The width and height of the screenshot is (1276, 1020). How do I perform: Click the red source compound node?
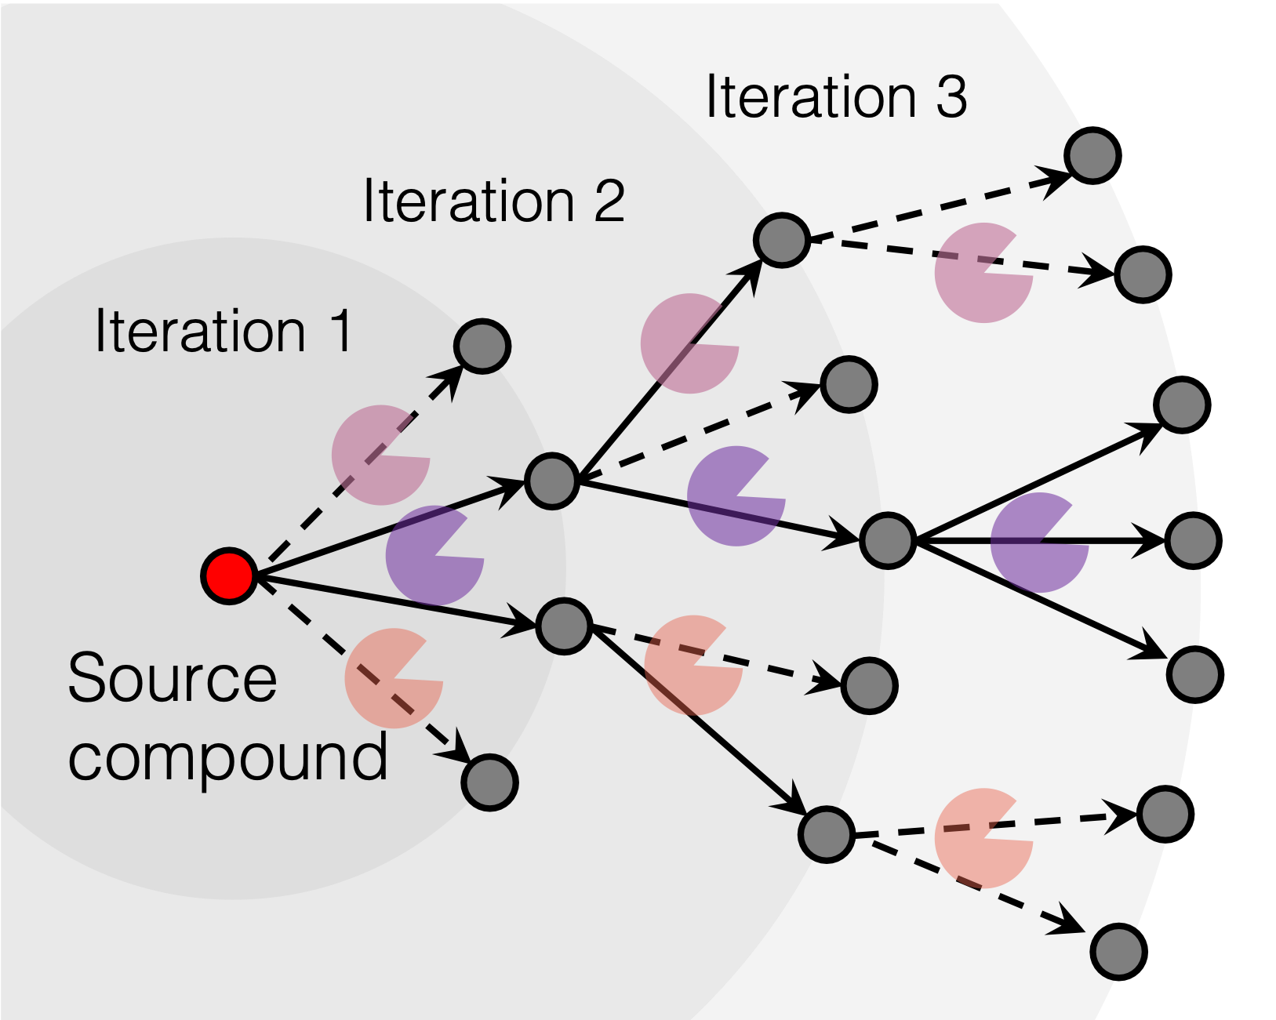tap(229, 576)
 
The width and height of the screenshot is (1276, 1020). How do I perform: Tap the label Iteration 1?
tap(223, 331)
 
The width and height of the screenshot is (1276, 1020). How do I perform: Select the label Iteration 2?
tap(493, 201)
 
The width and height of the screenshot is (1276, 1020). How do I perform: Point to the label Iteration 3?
tap(836, 97)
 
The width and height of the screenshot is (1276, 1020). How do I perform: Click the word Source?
tap(172, 678)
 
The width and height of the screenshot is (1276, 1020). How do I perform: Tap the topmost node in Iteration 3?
tap(1090, 158)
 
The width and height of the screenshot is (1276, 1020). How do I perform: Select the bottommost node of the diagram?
tap(1116, 951)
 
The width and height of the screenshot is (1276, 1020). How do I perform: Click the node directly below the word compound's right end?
tap(489, 782)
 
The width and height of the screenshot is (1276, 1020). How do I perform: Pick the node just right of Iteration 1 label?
tap(482, 346)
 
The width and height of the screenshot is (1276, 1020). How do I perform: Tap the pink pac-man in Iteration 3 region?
tap(983, 273)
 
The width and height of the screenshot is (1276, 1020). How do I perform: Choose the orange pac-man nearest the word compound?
tap(393, 678)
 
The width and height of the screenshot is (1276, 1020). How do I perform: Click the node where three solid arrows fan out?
tap(887, 540)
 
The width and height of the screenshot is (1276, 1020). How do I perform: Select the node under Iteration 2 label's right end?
tap(551, 481)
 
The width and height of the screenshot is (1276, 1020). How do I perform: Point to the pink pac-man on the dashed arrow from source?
tap(380, 455)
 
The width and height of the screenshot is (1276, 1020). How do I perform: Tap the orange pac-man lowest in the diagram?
tap(983, 838)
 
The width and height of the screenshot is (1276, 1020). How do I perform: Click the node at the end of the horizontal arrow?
tap(1191, 540)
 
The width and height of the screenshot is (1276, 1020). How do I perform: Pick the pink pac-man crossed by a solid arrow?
tap(689, 343)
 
